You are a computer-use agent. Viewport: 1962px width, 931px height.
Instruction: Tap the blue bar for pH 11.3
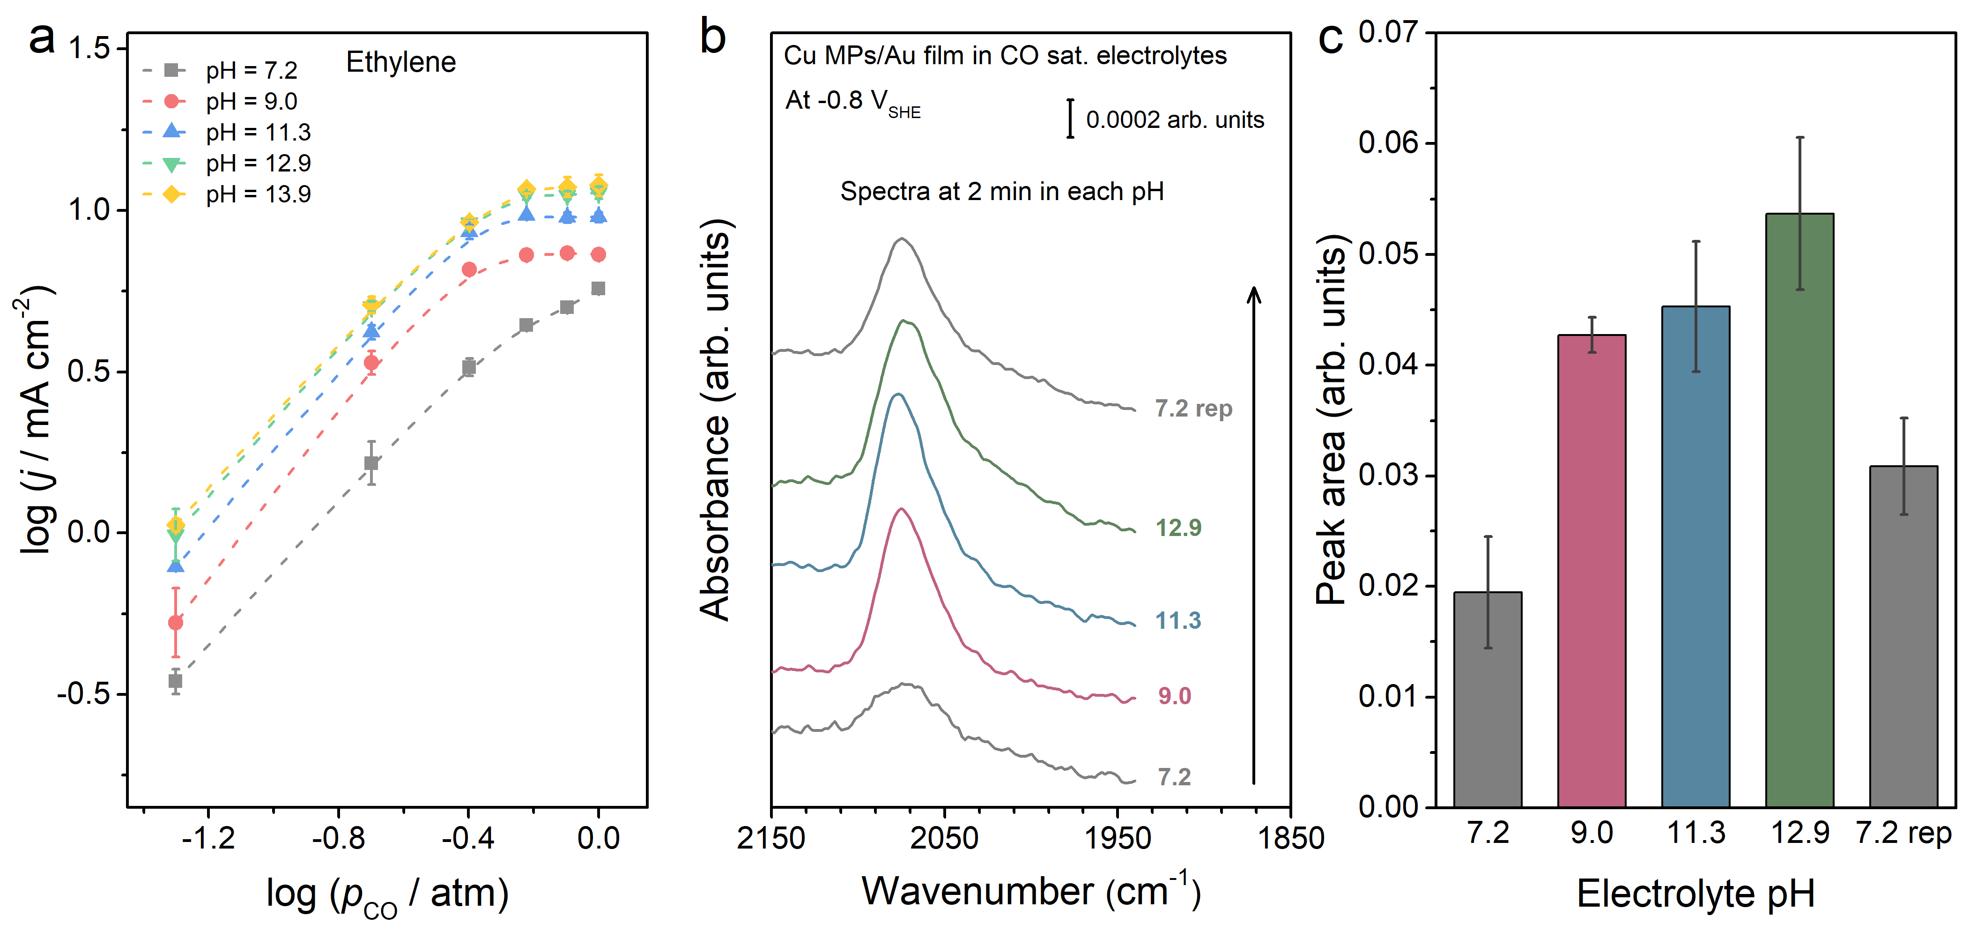[1695, 556]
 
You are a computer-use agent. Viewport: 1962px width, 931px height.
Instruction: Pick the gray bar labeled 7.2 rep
[1903, 636]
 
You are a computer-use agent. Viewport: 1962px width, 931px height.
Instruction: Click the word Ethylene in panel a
[400, 62]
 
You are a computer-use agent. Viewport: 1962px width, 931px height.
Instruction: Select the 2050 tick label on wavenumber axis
[944, 838]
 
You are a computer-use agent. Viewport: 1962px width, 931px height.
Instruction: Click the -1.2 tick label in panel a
[208, 838]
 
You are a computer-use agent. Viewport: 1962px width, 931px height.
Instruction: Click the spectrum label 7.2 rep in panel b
[1193, 409]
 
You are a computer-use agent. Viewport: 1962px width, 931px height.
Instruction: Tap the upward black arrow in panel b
[1254, 533]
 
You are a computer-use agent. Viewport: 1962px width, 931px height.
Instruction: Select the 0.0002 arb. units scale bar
[1070, 119]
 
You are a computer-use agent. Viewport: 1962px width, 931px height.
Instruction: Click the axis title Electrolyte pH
[1695, 893]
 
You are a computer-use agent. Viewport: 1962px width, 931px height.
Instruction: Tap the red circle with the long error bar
[175, 622]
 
